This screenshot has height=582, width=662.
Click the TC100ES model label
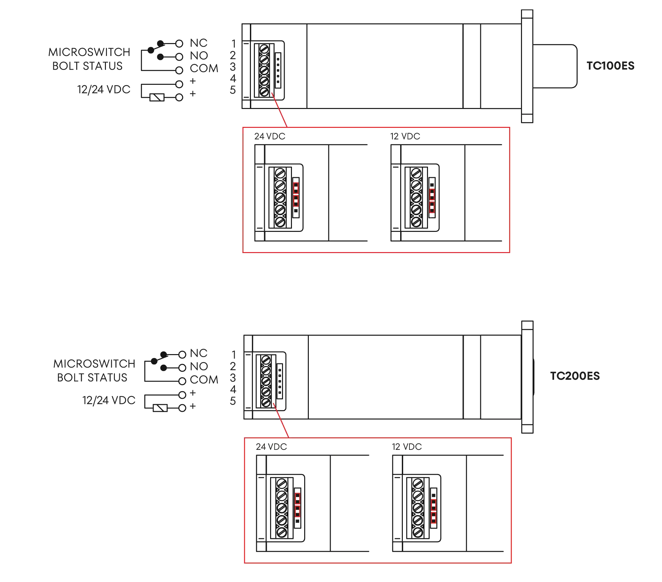pyautogui.click(x=610, y=66)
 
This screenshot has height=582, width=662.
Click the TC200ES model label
pyautogui.click(x=575, y=376)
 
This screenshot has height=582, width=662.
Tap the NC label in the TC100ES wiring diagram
pyautogui.click(x=199, y=43)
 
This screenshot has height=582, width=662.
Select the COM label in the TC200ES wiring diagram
pyautogui.click(x=205, y=380)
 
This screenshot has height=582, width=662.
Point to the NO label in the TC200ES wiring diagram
pyautogui.click(x=199, y=366)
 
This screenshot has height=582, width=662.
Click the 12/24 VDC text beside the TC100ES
pyautogui.click(x=104, y=90)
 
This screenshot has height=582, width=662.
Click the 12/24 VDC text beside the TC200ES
pyautogui.click(x=109, y=400)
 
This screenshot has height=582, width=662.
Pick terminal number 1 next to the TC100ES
pyautogui.click(x=233, y=43)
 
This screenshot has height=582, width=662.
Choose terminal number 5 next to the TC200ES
pyautogui.click(x=233, y=401)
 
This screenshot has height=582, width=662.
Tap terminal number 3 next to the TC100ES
pyautogui.click(x=233, y=67)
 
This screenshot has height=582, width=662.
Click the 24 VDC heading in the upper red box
pyautogui.click(x=269, y=136)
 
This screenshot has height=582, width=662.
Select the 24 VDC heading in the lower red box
pyautogui.click(x=271, y=447)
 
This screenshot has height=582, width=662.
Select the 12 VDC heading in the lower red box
pyautogui.click(x=407, y=447)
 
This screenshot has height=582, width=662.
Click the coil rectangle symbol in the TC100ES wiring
pyautogui.click(x=157, y=97)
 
